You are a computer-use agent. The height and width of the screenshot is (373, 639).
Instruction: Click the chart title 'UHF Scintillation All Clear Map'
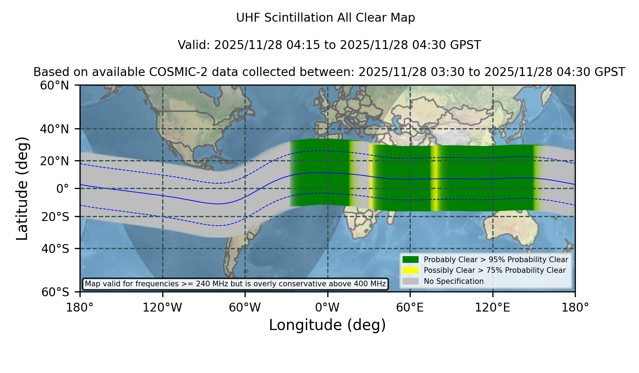coord(326,18)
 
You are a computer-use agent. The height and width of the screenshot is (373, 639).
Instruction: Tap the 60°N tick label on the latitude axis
coord(55,86)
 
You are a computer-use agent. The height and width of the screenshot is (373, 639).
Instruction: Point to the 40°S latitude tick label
coord(55,249)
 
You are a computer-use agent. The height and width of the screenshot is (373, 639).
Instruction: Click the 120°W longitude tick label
coord(162,308)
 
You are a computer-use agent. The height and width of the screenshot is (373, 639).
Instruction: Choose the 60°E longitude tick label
coord(410,308)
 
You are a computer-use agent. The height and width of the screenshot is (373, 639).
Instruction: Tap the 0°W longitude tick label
coord(327,308)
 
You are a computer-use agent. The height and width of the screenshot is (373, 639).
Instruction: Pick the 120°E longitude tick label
coord(492,308)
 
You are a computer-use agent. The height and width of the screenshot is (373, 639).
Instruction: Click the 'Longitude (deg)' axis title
coord(327,325)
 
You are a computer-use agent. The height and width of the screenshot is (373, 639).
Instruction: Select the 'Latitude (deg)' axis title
coord(22,188)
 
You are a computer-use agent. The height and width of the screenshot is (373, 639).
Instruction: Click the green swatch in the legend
coord(411,260)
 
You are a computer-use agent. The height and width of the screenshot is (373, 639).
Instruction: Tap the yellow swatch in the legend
coord(411,270)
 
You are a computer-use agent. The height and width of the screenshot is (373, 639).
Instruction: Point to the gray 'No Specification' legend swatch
coord(411,281)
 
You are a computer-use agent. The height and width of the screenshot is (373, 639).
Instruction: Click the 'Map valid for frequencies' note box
coord(235,284)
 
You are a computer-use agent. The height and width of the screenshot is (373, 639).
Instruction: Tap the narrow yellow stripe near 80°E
coord(434,178)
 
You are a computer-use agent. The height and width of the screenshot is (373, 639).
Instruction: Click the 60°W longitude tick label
coord(245,308)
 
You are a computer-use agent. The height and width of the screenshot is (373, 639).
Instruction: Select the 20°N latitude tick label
coord(55,161)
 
